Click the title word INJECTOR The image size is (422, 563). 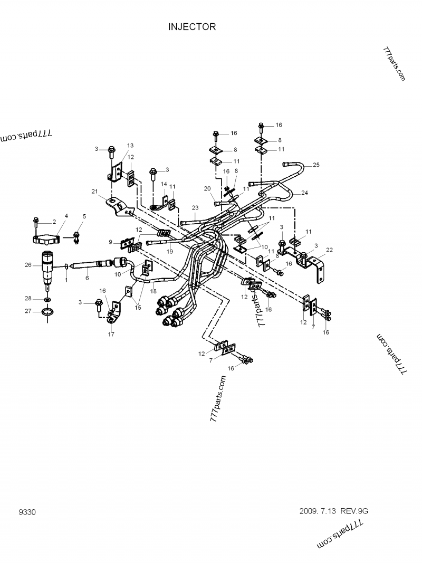coord(192,27)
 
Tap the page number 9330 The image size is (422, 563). coord(27,512)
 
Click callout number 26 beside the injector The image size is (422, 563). coord(28,265)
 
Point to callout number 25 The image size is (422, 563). coord(316,165)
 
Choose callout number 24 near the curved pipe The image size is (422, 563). coord(304,193)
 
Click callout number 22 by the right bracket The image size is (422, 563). coord(329,250)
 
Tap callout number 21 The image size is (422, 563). coord(95,191)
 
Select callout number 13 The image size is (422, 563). coord(130,145)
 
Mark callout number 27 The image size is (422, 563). coord(28,311)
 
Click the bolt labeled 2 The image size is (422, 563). coord(36,221)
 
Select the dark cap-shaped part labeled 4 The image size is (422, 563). coord(46,241)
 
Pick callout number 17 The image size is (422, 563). coord(111,334)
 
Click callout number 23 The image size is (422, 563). coord(195,207)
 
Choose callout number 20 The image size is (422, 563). coord(207,188)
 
